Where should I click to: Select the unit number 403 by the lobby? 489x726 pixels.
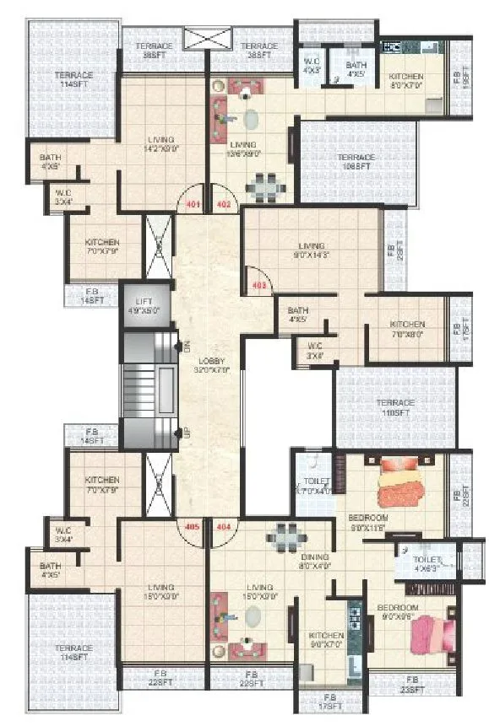pyautogui.click(x=258, y=286)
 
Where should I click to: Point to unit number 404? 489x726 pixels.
pyautogui.click(x=224, y=526)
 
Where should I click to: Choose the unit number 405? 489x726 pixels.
pyautogui.click(x=193, y=526)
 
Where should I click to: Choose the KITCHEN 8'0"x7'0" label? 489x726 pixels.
pyautogui.click(x=406, y=82)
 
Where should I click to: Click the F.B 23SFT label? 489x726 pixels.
pyautogui.click(x=412, y=684)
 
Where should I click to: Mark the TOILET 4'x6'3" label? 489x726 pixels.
pyautogui.click(x=426, y=564)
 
